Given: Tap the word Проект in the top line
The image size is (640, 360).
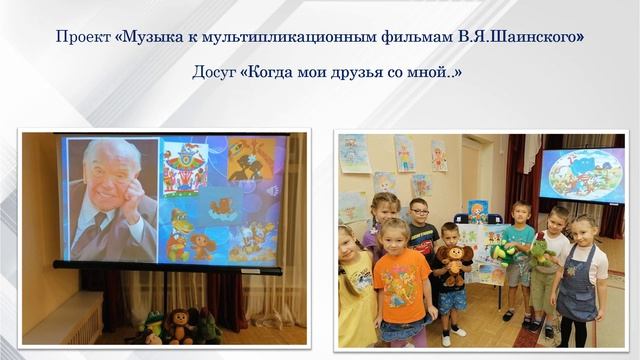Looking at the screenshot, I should pos(83,38).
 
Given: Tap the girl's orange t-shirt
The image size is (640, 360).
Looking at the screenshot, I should pos(403,284).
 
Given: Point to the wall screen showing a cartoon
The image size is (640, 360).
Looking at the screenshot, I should pos(581,174).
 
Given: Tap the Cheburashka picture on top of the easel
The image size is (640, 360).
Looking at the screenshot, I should pos(478,211).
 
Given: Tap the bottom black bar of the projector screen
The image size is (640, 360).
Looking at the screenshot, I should pos(165,265).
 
